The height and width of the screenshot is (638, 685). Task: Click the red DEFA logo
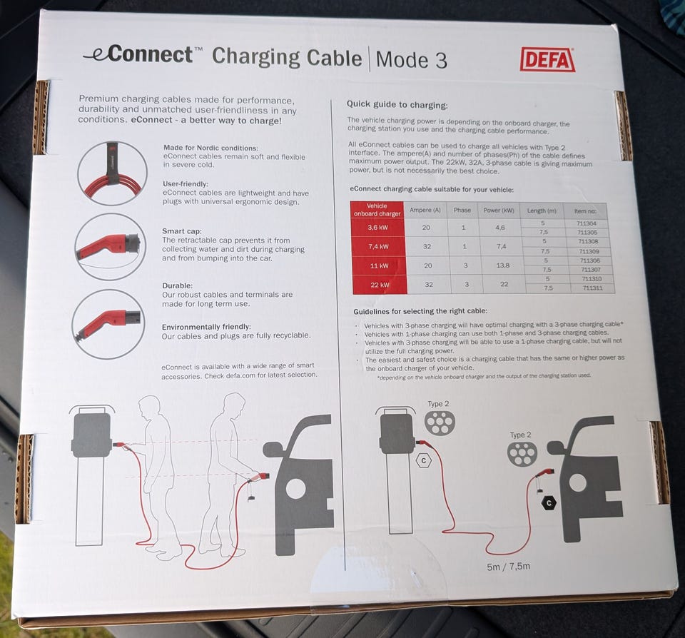pyautogui.click(x=547, y=59)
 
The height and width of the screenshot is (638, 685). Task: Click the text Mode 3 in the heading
pyautogui.click(x=411, y=60)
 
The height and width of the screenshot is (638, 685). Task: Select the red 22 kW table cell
pyautogui.click(x=379, y=285)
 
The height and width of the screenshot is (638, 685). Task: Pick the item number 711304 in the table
pyautogui.click(x=587, y=223)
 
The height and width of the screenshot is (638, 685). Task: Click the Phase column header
pyautogui.click(x=462, y=211)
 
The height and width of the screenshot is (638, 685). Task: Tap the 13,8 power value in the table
pyautogui.click(x=503, y=265)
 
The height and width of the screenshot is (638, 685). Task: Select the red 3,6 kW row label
pyautogui.click(x=377, y=227)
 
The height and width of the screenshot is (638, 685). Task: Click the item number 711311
pyautogui.click(x=592, y=288)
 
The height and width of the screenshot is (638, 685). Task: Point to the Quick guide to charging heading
pyautogui.click(x=397, y=105)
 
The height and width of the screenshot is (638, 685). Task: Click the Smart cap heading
pyautogui.click(x=182, y=231)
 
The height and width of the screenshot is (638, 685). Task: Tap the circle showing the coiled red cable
pyautogui.click(x=112, y=173)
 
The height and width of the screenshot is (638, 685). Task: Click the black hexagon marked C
pyautogui.click(x=549, y=503)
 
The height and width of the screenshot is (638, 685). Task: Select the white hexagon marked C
pyautogui.click(x=423, y=460)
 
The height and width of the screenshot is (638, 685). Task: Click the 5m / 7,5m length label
pyautogui.click(x=509, y=567)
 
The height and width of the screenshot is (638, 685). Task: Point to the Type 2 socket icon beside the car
pyautogui.click(x=522, y=454)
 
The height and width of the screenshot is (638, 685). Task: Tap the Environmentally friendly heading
pyautogui.click(x=206, y=327)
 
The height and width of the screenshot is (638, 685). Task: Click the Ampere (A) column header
pyautogui.click(x=425, y=211)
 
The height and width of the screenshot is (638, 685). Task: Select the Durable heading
pyautogui.click(x=177, y=285)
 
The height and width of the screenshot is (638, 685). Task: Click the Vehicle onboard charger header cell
pyautogui.click(x=377, y=210)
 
